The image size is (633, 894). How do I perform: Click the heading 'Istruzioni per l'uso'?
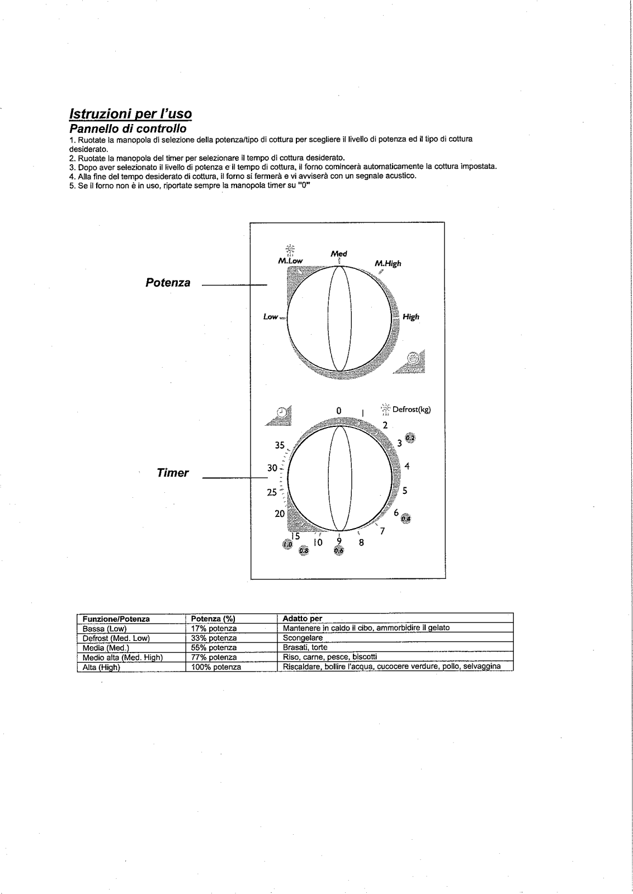pos(130,114)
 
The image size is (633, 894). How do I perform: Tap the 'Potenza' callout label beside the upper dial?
pos(168,283)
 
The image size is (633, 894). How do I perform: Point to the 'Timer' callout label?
pos(173,473)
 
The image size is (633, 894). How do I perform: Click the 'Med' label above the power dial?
pos(339,254)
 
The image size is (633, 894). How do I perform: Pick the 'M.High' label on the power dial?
pos(388,264)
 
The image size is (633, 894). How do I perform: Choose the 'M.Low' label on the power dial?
pos(290,261)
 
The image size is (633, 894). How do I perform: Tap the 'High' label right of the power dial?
pos(411,317)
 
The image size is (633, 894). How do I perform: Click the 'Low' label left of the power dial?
pos(271,317)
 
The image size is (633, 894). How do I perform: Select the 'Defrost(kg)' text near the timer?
pos(412,409)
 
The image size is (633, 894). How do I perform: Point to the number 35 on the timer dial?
pos(280,445)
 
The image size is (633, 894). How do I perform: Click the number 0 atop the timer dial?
pos(338,411)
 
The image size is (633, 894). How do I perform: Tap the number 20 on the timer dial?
pos(280,513)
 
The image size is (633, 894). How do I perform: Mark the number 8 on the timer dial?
pos(361,542)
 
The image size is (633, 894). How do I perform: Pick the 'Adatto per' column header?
pos(302,619)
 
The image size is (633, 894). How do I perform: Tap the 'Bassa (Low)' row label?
pos(105,629)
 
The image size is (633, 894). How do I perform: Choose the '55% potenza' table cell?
pos(214,648)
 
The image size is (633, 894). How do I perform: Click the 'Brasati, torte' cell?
pos(305,648)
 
